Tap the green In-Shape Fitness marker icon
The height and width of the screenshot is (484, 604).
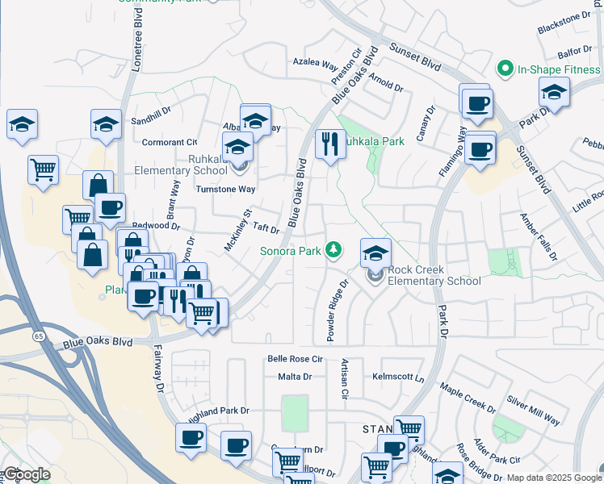506,69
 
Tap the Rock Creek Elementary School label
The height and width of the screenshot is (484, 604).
434,275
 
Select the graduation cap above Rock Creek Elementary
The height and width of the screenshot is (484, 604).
375,252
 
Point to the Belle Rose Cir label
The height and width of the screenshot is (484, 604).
295,359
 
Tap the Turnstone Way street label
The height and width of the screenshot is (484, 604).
226,189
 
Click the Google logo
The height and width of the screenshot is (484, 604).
26,474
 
